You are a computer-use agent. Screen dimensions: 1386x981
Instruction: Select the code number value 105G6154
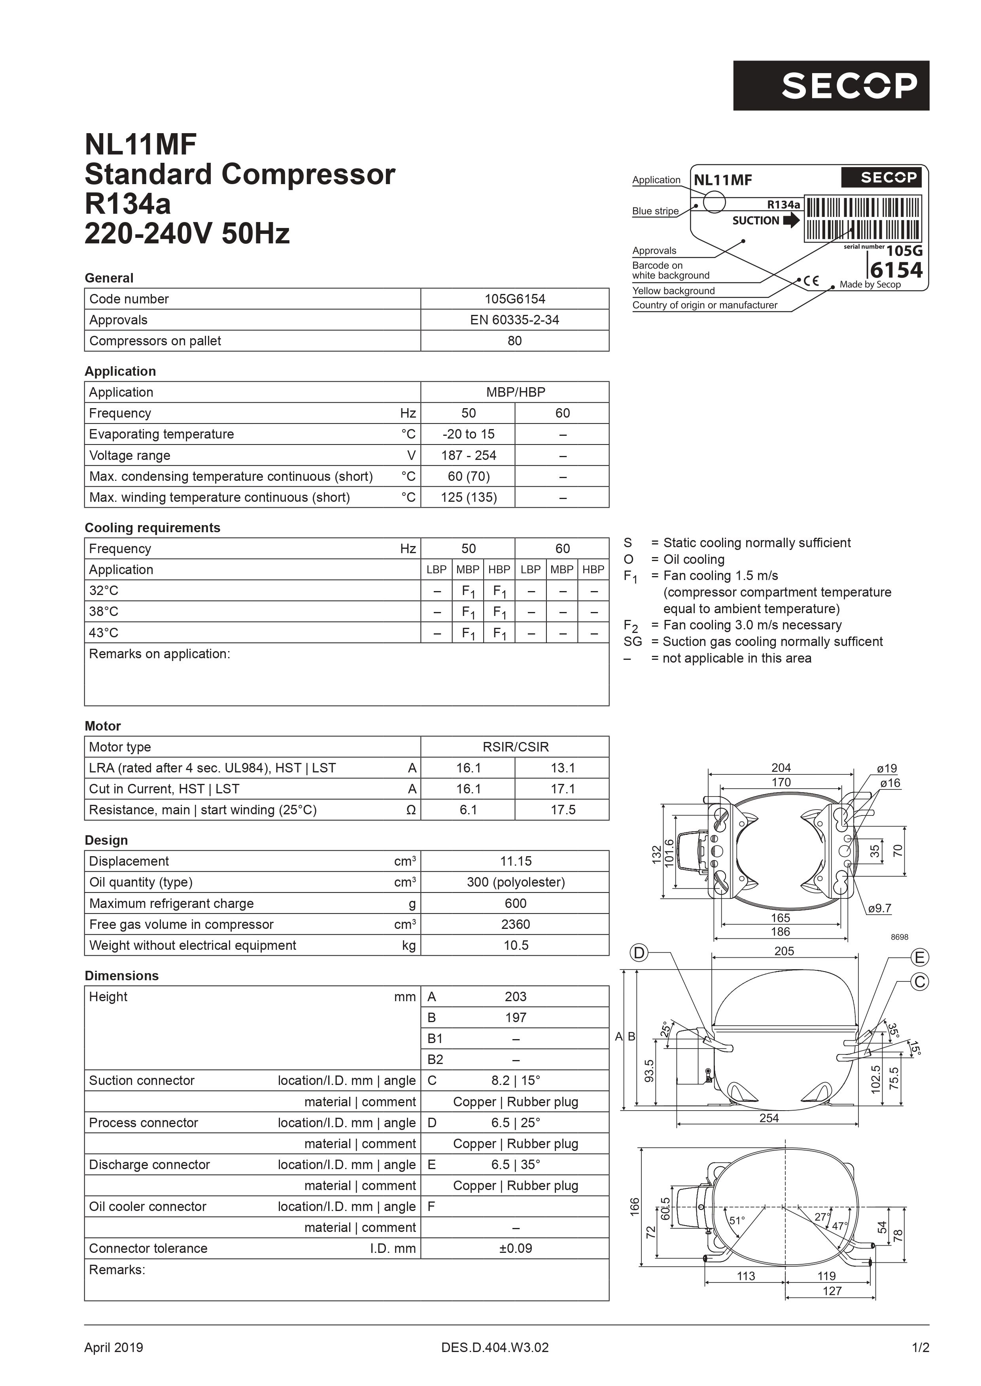(x=515, y=299)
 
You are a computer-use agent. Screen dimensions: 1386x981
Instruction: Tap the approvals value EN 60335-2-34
(x=515, y=320)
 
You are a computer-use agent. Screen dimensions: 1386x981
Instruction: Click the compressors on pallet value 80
(x=515, y=341)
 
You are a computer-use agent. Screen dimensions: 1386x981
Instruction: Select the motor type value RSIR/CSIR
(x=515, y=747)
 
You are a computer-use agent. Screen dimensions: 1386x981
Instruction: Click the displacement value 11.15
(x=515, y=861)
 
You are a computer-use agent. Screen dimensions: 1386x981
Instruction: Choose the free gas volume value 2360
(x=515, y=924)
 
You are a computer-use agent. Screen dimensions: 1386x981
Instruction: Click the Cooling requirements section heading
(x=152, y=527)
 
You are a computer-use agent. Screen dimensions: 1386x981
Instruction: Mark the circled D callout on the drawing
(x=639, y=953)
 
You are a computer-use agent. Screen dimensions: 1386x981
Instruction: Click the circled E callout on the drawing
(x=919, y=957)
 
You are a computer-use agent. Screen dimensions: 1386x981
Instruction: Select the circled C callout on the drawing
(x=919, y=982)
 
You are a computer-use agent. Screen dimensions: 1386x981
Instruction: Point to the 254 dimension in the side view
(x=769, y=1118)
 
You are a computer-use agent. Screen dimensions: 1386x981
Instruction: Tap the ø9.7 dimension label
(x=879, y=908)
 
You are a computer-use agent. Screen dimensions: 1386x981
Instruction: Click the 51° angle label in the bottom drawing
(x=737, y=1220)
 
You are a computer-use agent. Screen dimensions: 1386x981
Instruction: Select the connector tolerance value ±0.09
(x=515, y=1249)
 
